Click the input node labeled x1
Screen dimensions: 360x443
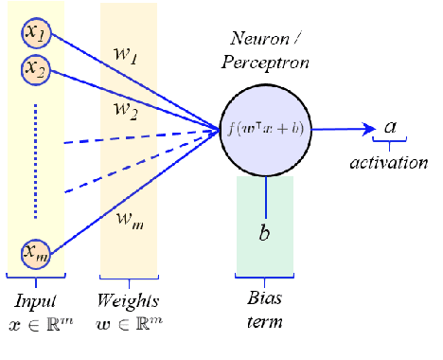(x=37, y=34)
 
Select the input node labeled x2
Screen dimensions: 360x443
(x=37, y=68)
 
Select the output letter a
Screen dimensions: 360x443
(x=391, y=126)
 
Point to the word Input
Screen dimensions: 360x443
(x=35, y=302)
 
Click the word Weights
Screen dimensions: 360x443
(x=129, y=302)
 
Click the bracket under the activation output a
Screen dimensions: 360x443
(x=391, y=146)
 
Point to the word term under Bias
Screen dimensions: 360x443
(x=265, y=323)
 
